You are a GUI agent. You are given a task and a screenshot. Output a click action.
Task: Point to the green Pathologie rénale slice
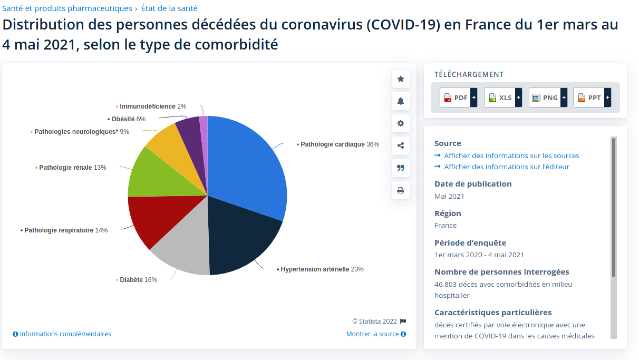pyautogui.click(x=153, y=174)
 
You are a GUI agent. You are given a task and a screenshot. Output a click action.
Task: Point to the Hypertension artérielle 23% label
pyautogui.click(x=322, y=269)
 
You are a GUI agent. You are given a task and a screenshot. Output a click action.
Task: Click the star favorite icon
pyautogui.click(x=401, y=79)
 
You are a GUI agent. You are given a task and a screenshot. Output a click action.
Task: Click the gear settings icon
pyautogui.click(x=401, y=123)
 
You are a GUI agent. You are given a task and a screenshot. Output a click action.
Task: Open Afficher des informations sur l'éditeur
pyautogui.click(x=506, y=167)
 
